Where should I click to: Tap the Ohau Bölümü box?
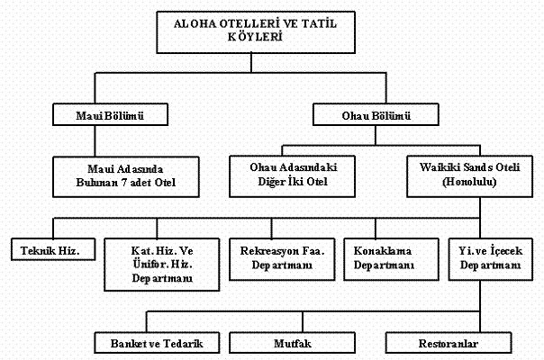tap(376, 116)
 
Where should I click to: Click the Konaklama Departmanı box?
tap(384, 256)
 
